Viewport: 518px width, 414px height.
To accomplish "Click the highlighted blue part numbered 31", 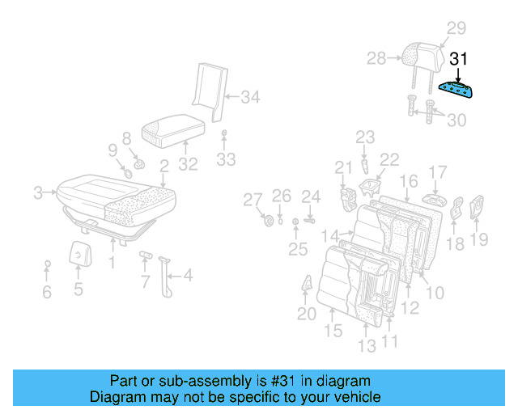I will pyautogui.click(x=458, y=89).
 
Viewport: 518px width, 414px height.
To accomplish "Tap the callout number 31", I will pyautogui.click(x=459, y=59).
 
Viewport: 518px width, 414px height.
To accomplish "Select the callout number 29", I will pyautogui.click(x=456, y=28).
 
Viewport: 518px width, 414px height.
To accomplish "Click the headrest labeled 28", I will pyautogui.click(x=422, y=56).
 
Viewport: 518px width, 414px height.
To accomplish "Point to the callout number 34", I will pyautogui.click(x=250, y=98).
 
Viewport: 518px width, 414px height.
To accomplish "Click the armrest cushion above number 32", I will pyautogui.click(x=170, y=129).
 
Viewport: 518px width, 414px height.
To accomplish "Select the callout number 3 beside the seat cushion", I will pyautogui.click(x=37, y=192).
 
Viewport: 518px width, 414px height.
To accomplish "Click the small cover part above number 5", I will pyautogui.click(x=79, y=252).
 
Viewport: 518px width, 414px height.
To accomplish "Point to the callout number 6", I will pyautogui.click(x=47, y=292).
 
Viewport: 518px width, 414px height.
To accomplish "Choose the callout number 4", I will pyautogui.click(x=188, y=276).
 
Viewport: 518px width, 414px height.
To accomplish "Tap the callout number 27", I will pyautogui.click(x=253, y=200).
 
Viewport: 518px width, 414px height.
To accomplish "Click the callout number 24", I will pyautogui.click(x=312, y=196).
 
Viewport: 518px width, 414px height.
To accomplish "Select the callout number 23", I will pyautogui.click(x=365, y=137).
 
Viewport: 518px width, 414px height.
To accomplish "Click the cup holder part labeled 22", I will pyautogui.click(x=371, y=189).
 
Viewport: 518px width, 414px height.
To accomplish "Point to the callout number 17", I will pyautogui.click(x=437, y=172).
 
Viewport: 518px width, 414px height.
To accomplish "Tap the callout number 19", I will pyautogui.click(x=479, y=239).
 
